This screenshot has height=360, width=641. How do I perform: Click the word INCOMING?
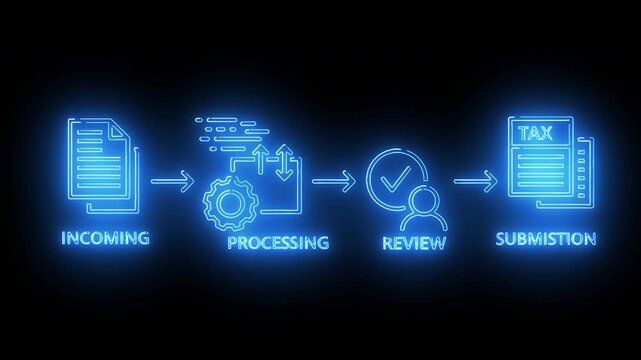(x=105, y=238)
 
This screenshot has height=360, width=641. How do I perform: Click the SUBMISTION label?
(x=546, y=239)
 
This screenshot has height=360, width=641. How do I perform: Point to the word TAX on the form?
(x=538, y=132)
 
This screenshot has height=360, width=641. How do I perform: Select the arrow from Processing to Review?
(x=333, y=182)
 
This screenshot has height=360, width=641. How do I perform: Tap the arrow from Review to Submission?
(x=475, y=182)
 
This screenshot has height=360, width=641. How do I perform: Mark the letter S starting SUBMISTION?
(x=501, y=239)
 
